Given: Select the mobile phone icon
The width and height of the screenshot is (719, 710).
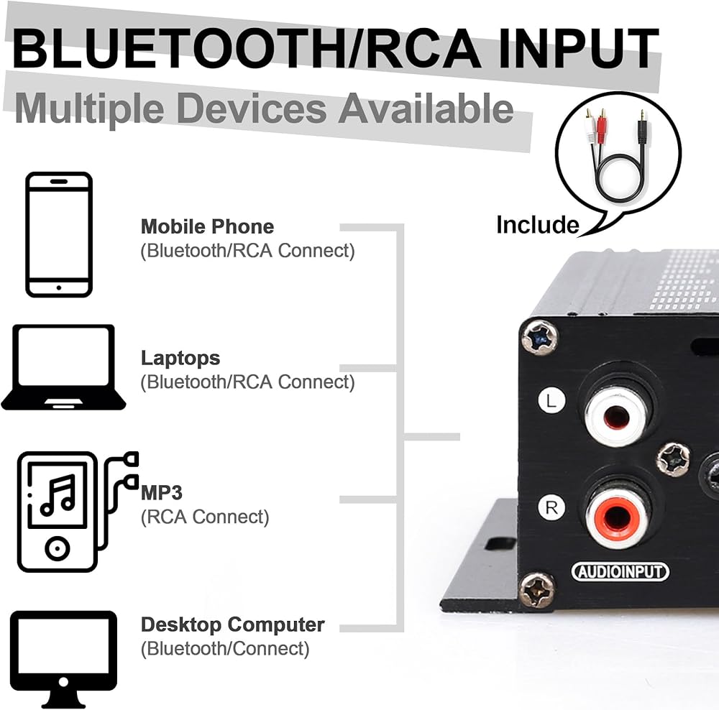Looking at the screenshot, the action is point(59,234).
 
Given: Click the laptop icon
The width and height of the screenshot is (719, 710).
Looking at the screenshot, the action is point(63,367).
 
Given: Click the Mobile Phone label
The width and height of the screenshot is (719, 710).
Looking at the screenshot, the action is point(207,227).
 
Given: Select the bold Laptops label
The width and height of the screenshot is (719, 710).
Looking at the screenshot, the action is point(180,358).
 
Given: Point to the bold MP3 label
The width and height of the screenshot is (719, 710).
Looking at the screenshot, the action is point(162,493).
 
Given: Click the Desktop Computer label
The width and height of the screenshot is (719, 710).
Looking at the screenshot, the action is point(232,624).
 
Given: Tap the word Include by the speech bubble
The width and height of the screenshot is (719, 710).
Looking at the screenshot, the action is point(537,225).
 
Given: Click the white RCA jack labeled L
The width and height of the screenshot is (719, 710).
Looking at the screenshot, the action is point(617,417).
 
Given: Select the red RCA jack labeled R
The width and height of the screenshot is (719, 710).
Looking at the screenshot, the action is point(617,515).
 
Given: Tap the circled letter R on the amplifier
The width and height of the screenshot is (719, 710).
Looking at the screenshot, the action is point(551,508).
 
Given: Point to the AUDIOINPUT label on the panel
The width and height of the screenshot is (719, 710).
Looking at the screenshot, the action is point(620,572).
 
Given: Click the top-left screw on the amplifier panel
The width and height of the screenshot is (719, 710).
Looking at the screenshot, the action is point(539,336).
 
